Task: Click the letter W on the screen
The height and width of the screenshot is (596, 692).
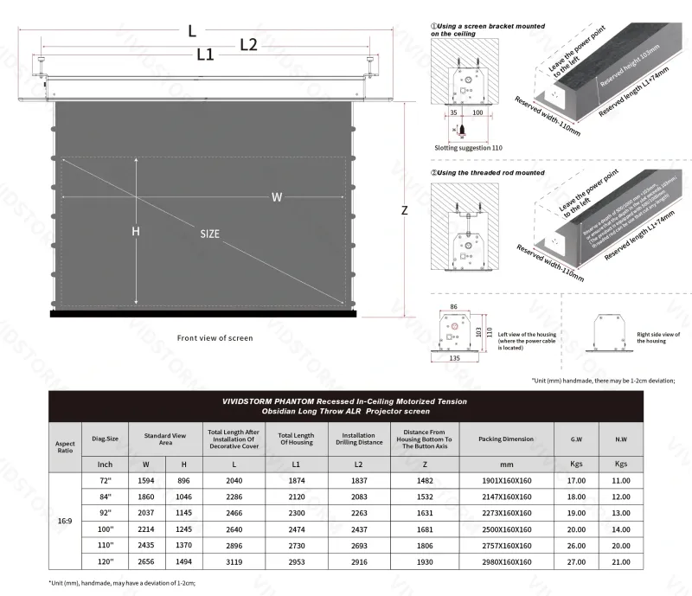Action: pos(276,197)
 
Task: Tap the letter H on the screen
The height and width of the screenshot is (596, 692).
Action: pos(135,232)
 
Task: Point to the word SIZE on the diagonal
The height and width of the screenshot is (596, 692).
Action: pos(210,234)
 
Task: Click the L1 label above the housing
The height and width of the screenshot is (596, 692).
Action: pos(205,54)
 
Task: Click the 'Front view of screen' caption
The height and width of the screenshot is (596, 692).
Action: pos(215,338)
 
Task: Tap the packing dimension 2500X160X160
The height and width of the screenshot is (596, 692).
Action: pos(507,529)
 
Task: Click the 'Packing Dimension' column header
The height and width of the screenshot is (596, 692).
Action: pos(507,439)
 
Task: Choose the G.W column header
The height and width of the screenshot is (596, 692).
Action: pos(575,439)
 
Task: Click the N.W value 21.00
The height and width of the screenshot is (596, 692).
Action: pos(620,561)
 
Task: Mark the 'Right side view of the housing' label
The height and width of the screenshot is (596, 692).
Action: pos(658,337)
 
